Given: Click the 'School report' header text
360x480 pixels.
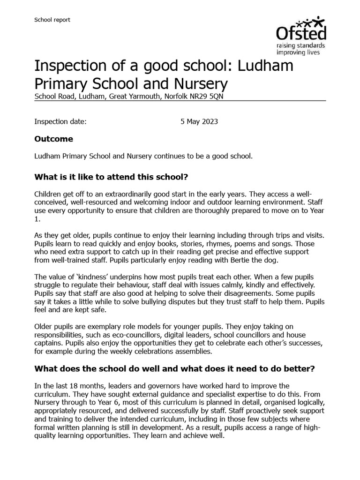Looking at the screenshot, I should coord(52,20).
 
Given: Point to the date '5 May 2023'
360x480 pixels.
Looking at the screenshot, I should coord(199,121).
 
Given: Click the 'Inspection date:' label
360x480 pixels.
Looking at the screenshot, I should coord(60,121).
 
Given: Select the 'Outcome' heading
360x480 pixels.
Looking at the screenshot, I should coord(54,139).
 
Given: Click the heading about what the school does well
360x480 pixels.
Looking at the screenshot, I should coord(174,369).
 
